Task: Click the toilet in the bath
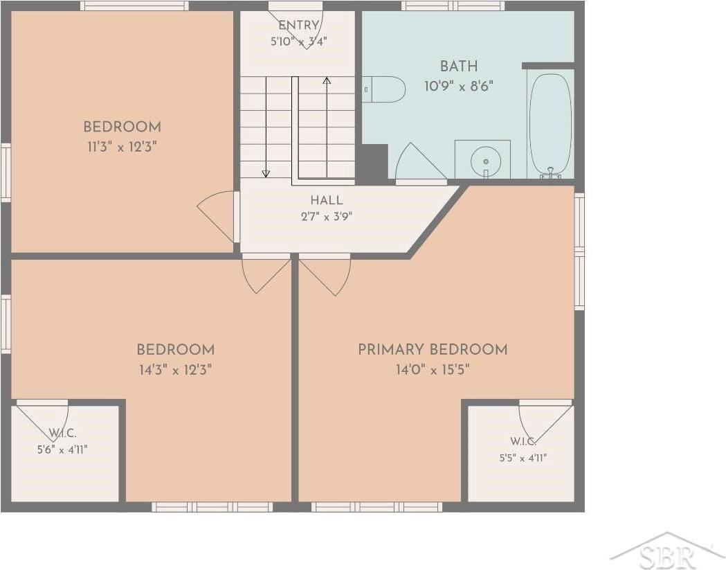[383, 89]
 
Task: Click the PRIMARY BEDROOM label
[433, 350]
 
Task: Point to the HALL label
[327, 201]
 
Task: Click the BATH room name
[459, 66]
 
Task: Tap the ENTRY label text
[299, 25]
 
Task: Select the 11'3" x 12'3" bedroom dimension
[122, 148]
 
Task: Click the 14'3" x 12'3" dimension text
[176, 370]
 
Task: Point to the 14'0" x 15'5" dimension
[433, 370]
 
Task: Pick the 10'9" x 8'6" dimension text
[459, 86]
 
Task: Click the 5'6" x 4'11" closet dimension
[62, 449]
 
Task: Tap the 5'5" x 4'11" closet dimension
[523, 458]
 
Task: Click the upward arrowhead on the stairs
[327, 80]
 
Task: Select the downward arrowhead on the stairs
[266, 174]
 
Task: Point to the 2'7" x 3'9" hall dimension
[327, 217]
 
